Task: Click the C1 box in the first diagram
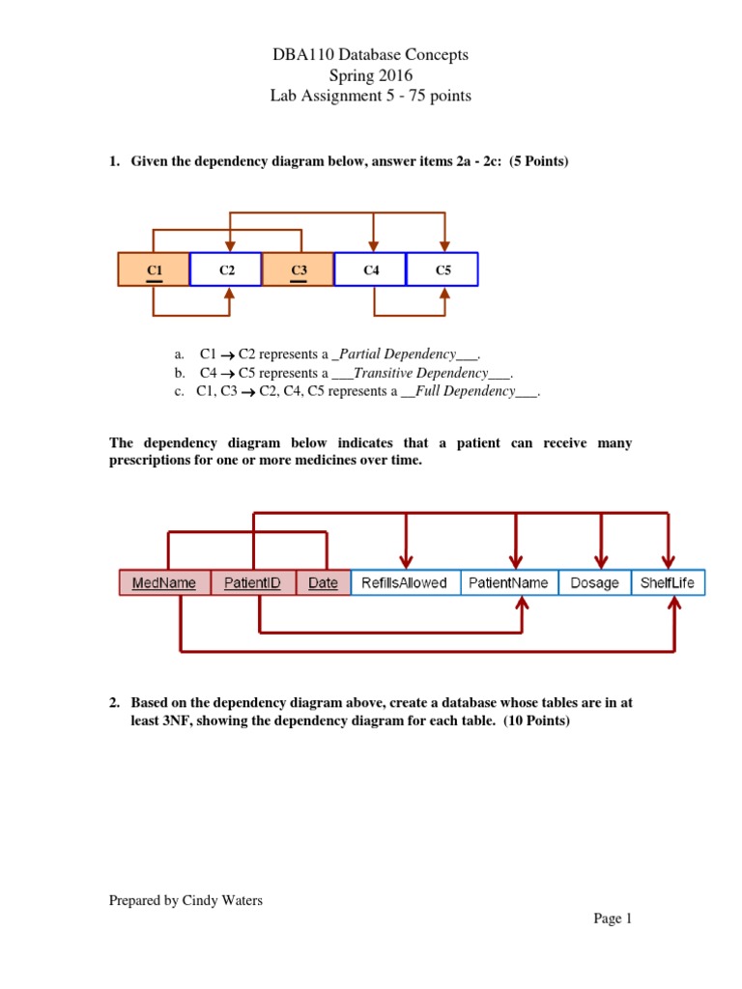[154, 269]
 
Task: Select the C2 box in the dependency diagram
[226, 269]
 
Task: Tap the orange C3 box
[299, 269]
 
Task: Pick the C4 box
[371, 269]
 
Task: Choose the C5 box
[442, 269]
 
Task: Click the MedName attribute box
[164, 582]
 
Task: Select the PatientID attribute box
[252, 582]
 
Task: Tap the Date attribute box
[323, 582]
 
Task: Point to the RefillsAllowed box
[404, 582]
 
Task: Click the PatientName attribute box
[508, 582]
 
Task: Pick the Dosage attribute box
[594, 582]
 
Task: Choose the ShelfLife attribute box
[668, 582]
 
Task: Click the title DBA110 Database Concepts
[371, 55]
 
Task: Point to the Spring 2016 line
[371, 75]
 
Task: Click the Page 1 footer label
[613, 918]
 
